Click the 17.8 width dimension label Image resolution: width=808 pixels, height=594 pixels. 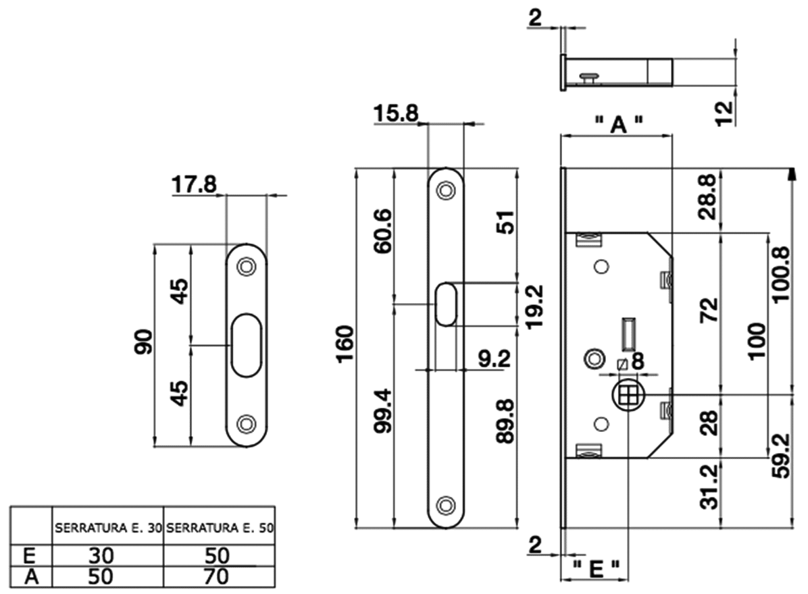pos(194,184)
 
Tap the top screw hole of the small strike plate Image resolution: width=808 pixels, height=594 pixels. pos(246,267)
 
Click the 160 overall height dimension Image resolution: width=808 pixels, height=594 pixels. pos(345,344)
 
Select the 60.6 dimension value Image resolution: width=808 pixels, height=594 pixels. pos(382,232)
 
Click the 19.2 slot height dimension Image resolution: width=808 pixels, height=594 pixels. pos(534,306)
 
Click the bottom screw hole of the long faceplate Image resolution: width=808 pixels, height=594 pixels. pos(445,504)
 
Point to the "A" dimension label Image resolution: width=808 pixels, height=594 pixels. pos(617,123)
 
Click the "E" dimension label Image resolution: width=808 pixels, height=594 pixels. pos(595,569)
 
